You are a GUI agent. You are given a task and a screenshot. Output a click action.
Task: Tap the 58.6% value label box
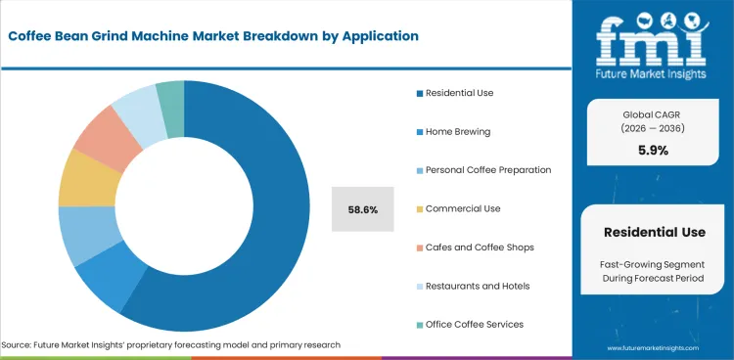click(x=362, y=208)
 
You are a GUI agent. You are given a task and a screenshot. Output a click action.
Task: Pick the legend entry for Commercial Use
click(x=462, y=208)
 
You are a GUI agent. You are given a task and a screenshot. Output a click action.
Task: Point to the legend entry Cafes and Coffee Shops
click(x=478, y=247)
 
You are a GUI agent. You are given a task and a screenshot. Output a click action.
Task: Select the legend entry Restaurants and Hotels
click(x=479, y=286)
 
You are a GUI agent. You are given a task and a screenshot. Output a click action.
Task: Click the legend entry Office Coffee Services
click(x=475, y=324)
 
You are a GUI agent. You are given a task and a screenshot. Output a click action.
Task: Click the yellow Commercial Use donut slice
click(x=79, y=178)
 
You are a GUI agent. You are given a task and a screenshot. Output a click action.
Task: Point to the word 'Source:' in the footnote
click(x=20, y=345)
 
